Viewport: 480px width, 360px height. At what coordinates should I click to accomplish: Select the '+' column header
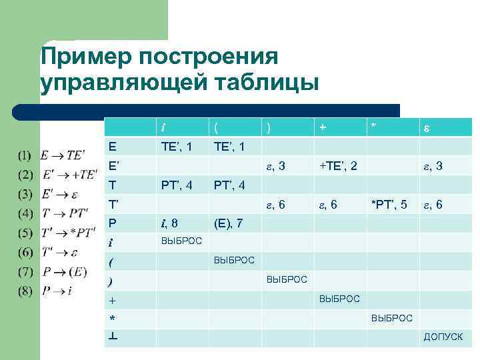click(x=323, y=127)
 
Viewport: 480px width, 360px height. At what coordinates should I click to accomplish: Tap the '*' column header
click(x=373, y=127)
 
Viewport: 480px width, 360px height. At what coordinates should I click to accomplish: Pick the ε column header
click(x=426, y=127)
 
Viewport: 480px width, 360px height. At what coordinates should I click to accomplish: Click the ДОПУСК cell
click(x=443, y=337)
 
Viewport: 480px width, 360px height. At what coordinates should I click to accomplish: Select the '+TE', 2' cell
click(x=338, y=165)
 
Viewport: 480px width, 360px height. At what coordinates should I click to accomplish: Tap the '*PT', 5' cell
click(x=389, y=203)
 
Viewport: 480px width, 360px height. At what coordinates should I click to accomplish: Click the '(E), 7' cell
click(x=228, y=221)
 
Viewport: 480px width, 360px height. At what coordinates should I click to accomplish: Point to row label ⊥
click(x=115, y=337)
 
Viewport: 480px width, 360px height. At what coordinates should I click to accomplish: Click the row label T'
click(x=114, y=203)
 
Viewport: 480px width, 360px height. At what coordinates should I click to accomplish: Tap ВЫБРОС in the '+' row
click(x=339, y=299)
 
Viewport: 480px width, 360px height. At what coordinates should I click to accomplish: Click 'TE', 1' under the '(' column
click(x=229, y=145)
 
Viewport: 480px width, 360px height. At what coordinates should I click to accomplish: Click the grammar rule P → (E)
click(x=65, y=272)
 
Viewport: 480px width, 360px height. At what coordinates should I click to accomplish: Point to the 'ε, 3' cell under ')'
click(x=276, y=165)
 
